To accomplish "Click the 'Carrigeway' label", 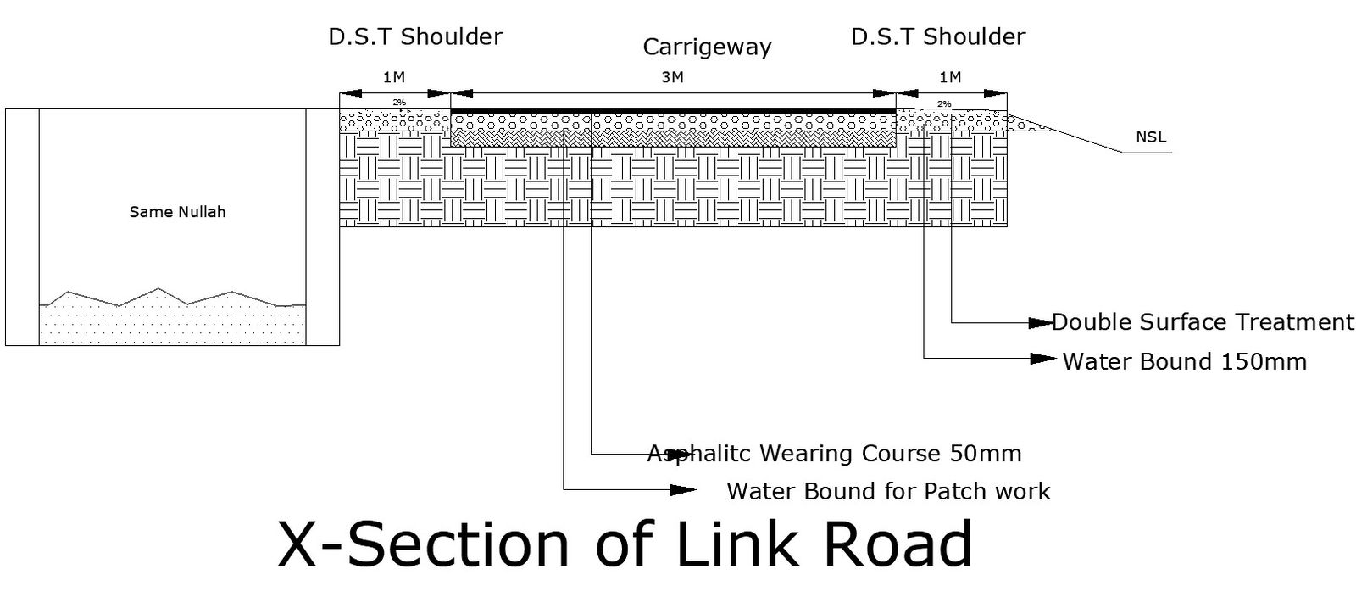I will [707, 47].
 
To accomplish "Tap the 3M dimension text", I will [672, 78].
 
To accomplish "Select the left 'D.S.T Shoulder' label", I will [415, 36].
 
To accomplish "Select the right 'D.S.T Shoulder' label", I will [938, 36].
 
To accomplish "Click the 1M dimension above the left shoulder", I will [394, 77].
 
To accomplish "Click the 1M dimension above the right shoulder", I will [950, 77].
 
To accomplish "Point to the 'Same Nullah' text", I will [177, 212].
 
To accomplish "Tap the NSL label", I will [1151, 137].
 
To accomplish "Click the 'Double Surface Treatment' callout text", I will [1203, 322].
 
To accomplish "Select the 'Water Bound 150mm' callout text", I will [1184, 362].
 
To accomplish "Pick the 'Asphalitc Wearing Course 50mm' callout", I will [834, 454].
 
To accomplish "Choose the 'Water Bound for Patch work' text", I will [888, 492].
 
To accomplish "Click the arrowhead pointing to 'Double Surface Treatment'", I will [1040, 322].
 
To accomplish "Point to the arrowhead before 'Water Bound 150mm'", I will [1043, 359].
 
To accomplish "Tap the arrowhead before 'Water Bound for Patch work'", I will [682, 490].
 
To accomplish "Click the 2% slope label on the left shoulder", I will [398, 103].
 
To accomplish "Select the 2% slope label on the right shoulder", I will [944, 104].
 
